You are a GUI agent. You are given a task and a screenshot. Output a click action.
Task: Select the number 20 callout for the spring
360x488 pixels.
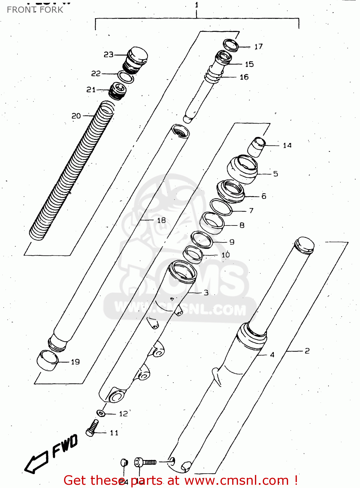[x=76, y=116]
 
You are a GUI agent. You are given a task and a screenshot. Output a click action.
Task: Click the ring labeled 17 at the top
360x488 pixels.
[x=231, y=45]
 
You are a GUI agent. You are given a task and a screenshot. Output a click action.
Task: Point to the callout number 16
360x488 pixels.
[x=244, y=77]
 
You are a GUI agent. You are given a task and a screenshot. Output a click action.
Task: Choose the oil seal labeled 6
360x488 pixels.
[x=230, y=192]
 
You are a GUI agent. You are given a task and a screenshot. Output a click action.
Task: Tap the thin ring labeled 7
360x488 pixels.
[x=221, y=207]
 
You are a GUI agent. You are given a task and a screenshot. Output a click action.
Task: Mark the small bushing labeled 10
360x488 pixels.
[x=193, y=254]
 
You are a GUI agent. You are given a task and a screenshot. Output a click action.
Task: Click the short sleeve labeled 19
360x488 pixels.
[x=48, y=360]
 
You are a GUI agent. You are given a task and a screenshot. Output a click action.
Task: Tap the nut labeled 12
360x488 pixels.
[x=101, y=413]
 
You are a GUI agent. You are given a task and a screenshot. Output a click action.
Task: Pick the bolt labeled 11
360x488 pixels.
[x=92, y=427]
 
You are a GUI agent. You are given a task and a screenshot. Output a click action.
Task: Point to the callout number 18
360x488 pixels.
[x=161, y=221]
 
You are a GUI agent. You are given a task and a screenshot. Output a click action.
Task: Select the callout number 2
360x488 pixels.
[x=307, y=351]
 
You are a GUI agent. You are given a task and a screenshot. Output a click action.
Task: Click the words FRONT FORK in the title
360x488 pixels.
[x=35, y=10]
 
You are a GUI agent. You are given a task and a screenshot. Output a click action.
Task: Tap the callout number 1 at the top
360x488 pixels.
[x=196, y=5]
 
